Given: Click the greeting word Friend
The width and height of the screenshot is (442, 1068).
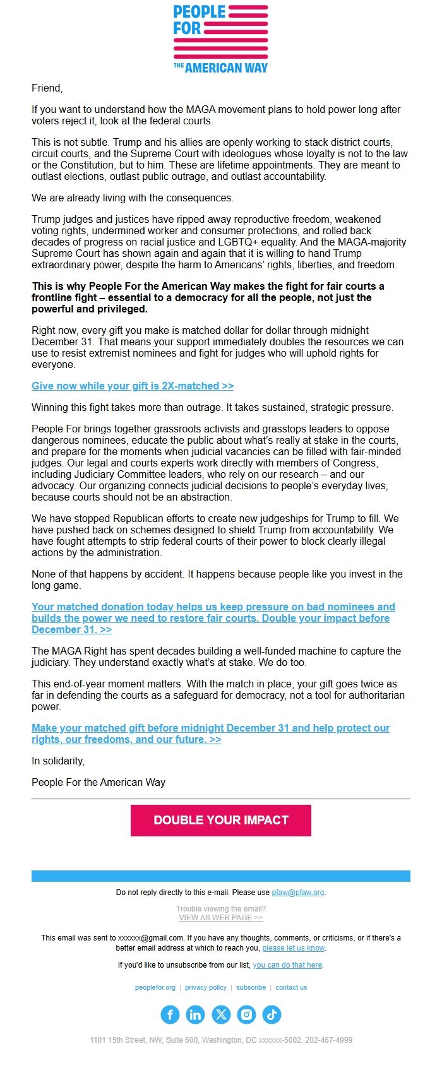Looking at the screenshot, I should click(x=47, y=88).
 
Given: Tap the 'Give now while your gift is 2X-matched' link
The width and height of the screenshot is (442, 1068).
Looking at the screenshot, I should click(x=133, y=386).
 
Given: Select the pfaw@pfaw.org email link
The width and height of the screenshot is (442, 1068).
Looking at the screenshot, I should click(x=297, y=893).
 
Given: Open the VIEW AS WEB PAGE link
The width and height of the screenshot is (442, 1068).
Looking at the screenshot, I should click(x=220, y=918).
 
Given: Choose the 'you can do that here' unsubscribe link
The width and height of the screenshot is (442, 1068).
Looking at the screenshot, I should click(x=287, y=965).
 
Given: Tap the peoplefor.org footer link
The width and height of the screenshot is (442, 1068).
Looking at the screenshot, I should click(x=155, y=988).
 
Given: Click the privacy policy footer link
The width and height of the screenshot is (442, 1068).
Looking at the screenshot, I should click(x=206, y=988).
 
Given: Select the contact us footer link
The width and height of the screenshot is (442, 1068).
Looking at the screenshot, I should click(x=291, y=988).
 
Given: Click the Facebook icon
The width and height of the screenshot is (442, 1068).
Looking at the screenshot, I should click(x=170, y=1014).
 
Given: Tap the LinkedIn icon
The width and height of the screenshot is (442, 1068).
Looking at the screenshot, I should click(x=195, y=1014).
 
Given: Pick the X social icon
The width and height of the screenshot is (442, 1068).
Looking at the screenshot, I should click(x=221, y=1014).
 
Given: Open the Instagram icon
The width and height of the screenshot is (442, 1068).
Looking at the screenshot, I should click(x=246, y=1014).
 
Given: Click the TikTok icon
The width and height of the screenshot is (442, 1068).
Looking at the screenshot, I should click(x=272, y=1014).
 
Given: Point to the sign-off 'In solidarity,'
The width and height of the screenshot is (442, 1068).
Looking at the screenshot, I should click(x=58, y=761).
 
